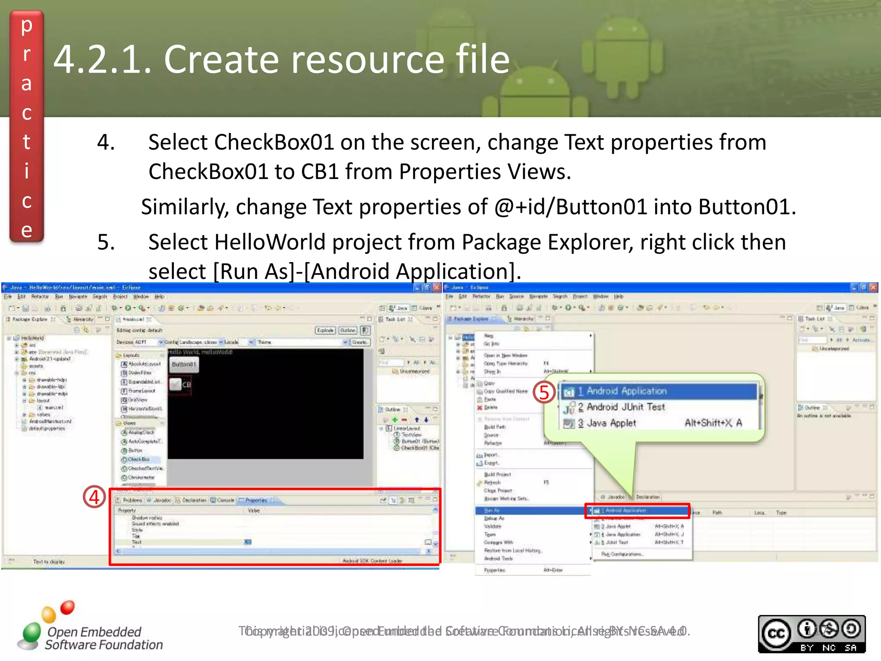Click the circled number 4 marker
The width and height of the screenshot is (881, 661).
pyautogui.click(x=94, y=497)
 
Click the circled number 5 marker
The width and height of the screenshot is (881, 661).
pyautogui.click(x=544, y=392)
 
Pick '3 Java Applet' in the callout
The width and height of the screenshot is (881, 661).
pyautogui.click(x=611, y=423)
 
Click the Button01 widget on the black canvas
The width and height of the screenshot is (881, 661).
pyautogui.click(x=184, y=364)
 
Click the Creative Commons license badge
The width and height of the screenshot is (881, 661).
pyautogui.click(x=811, y=634)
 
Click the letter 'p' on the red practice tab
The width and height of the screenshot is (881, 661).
pyautogui.click(x=27, y=26)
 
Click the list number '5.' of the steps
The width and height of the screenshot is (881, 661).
pyautogui.click(x=106, y=242)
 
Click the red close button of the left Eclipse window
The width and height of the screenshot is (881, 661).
pyautogui.click(x=437, y=287)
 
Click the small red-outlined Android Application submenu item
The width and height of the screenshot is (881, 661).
pyautogui.click(x=637, y=511)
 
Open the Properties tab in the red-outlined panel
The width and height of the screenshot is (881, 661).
pyautogui.click(x=256, y=500)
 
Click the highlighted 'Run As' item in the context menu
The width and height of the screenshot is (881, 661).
pyautogui.click(x=492, y=511)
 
